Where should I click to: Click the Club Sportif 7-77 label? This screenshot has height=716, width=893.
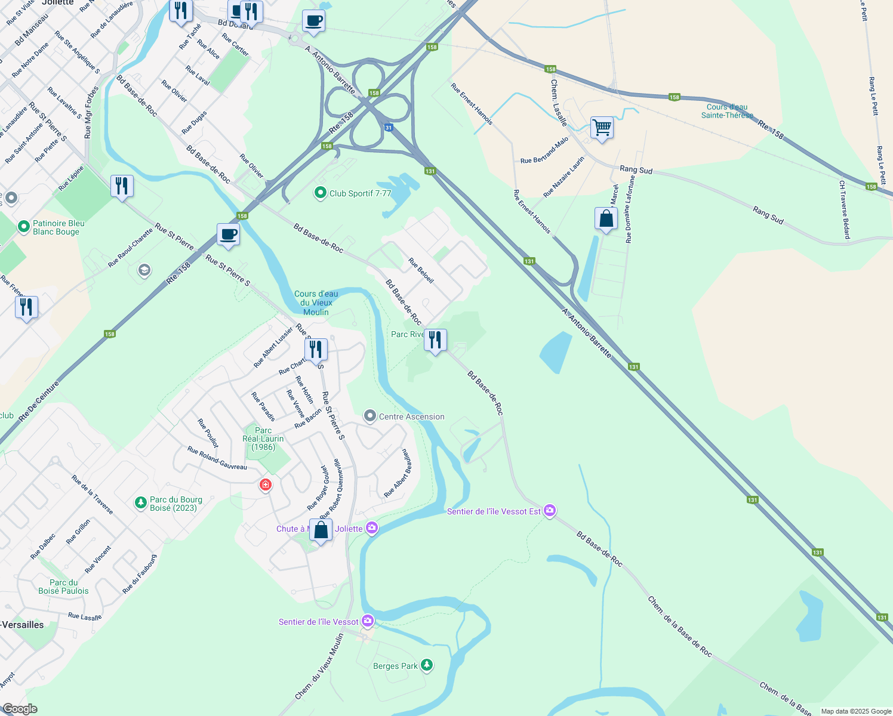pyautogui.click(x=360, y=193)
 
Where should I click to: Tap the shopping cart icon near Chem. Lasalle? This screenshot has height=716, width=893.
pyautogui.click(x=602, y=128)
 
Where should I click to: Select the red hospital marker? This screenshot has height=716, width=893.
pyautogui.click(x=266, y=485)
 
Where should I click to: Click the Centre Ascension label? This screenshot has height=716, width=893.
pyautogui.click(x=411, y=416)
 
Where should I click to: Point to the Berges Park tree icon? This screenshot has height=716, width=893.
pyautogui.click(x=426, y=665)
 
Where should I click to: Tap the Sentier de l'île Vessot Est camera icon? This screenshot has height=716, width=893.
pyautogui.click(x=550, y=511)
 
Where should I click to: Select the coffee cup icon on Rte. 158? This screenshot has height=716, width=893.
pyautogui.click(x=228, y=235)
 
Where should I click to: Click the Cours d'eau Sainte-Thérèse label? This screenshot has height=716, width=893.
pyautogui.click(x=727, y=111)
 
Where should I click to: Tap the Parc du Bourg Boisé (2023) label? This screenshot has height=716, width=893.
pyautogui.click(x=175, y=504)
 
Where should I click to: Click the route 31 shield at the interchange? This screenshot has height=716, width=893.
pyautogui.click(x=389, y=128)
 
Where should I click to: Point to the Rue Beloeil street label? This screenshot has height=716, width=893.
pyautogui.click(x=421, y=270)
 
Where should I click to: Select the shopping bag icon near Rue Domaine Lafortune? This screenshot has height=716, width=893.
pyautogui.click(x=606, y=219)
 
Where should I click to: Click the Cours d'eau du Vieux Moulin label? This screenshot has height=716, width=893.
pyautogui.click(x=316, y=303)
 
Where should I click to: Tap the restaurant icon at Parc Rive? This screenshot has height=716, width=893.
pyautogui.click(x=435, y=340)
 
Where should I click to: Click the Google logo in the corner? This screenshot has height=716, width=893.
pyautogui.click(x=20, y=709)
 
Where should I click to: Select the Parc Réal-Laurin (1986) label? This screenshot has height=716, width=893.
pyautogui.click(x=263, y=439)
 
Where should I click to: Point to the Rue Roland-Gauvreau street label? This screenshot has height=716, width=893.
pyautogui.click(x=217, y=458)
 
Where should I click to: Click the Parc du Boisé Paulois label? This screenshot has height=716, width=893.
pyautogui.click(x=63, y=587)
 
